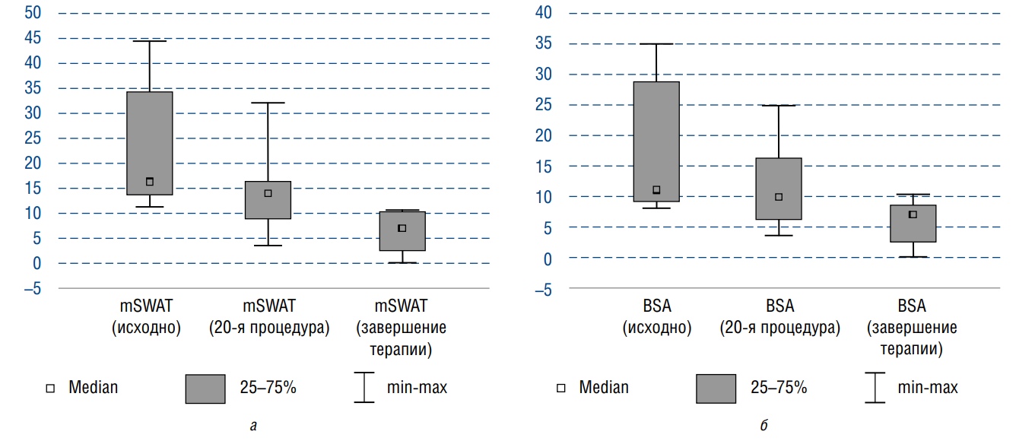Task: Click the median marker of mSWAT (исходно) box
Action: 150,182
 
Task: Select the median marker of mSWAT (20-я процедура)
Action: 268,193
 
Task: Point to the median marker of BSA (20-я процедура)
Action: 779,197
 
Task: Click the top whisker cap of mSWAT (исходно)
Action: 150,41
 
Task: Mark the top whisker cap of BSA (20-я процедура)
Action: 779,106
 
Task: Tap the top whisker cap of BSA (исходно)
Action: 656,44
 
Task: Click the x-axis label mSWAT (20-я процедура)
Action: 268,317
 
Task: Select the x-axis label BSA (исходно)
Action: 656,317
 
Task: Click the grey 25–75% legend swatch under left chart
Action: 205,388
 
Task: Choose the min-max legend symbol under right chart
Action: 875,387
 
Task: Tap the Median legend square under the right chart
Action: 561,388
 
